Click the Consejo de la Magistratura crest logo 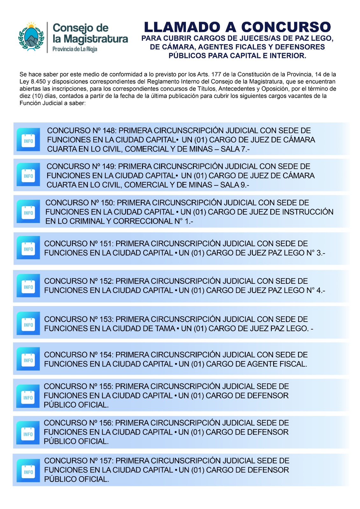click(31, 37)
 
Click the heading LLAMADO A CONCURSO click(237, 27)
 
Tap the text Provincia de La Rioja click(75, 49)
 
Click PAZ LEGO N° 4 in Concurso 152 click(296, 290)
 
